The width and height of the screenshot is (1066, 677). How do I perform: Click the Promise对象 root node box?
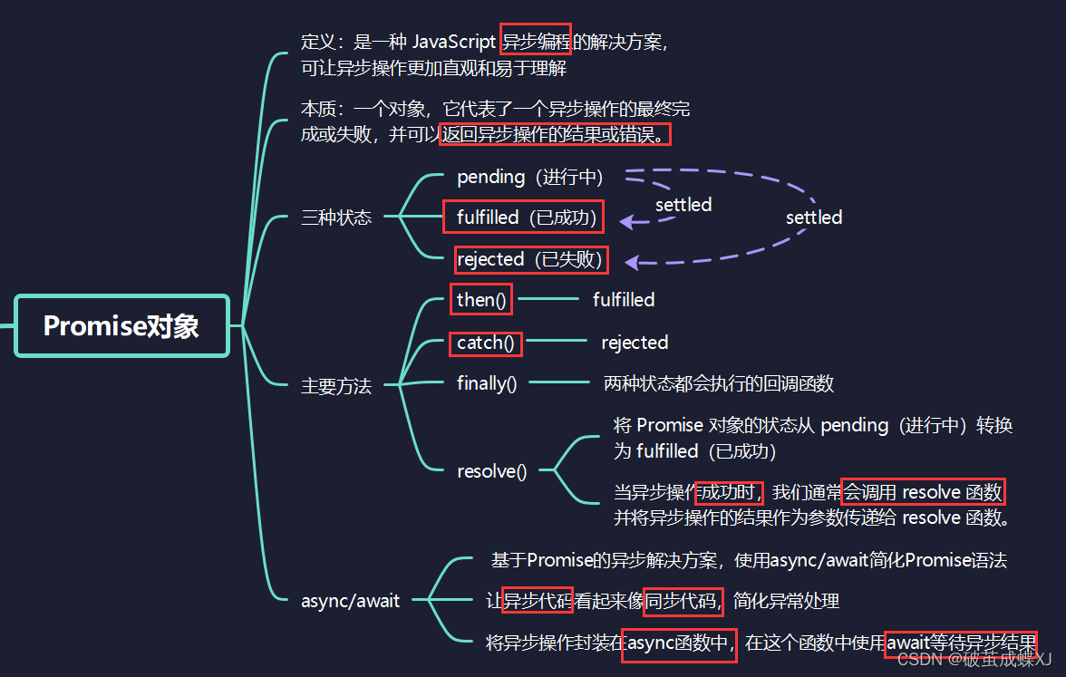point(121,326)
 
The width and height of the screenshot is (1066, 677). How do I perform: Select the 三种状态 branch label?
point(336,218)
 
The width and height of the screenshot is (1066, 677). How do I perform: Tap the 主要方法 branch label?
point(336,386)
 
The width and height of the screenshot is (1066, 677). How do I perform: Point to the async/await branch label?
point(350,601)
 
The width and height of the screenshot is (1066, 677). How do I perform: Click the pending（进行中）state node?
point(529,177)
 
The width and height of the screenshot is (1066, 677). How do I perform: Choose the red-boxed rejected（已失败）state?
point(530,260)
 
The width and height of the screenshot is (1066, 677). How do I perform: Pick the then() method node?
point(480,300)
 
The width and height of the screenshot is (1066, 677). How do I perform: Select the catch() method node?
point(485,343)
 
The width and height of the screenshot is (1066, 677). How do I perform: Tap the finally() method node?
point(487,383)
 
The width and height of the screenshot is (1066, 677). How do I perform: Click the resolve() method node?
point(491,471)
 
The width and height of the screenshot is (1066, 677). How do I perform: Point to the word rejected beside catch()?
point(635,343)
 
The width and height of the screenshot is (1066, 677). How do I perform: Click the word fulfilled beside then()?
point(624,300)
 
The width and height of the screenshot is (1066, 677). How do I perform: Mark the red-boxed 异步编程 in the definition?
point(535,42)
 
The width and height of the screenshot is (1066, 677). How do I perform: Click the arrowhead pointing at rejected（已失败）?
point(631,263)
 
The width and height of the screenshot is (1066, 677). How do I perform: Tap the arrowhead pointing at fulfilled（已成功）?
point(625,221)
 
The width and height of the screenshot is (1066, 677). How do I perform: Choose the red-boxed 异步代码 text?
point(538,600)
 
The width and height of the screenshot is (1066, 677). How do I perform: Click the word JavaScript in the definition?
point(454,42)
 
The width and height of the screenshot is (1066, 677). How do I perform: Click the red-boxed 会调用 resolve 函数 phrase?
point(924,492)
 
